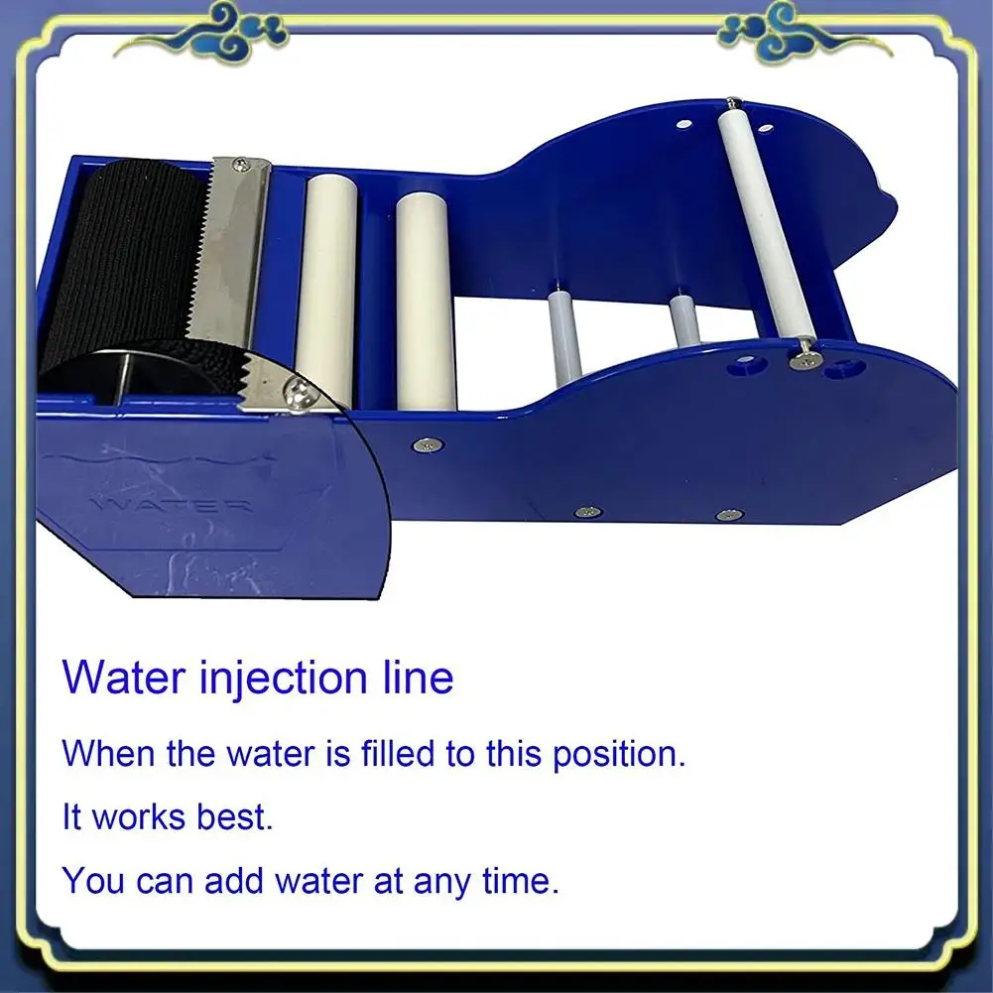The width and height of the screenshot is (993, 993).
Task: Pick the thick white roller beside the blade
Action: [326, 288]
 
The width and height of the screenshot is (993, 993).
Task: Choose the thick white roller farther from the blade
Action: [426, 298]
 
